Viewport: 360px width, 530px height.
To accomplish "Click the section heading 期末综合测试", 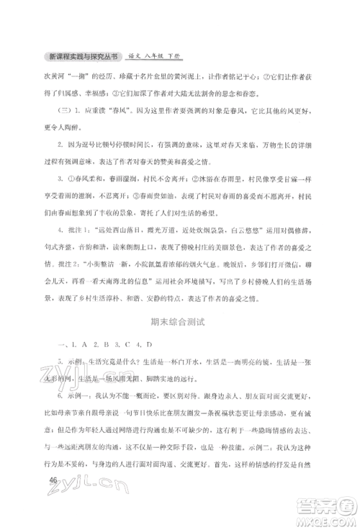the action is pos(180,304).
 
